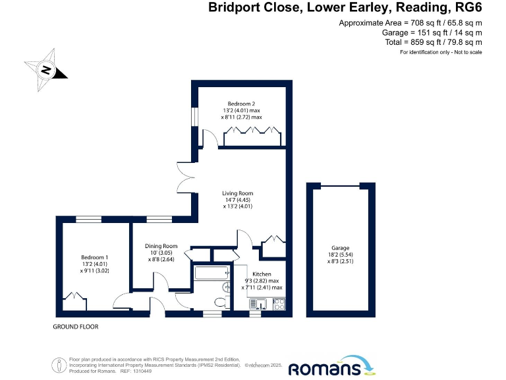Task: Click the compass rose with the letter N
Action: coord(45,69)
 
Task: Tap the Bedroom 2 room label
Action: coord(241,104)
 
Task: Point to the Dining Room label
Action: coord(161,246)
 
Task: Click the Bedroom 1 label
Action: coord(94,257)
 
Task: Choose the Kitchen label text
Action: coord(262,273)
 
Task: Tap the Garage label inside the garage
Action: coord(341,247)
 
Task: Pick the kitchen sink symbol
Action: coord(258,304)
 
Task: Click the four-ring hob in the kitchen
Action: coord(279,304)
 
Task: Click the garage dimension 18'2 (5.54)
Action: coord(341,255)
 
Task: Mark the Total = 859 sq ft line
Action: coord(433,42)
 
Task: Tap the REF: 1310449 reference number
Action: coord(135,371)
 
